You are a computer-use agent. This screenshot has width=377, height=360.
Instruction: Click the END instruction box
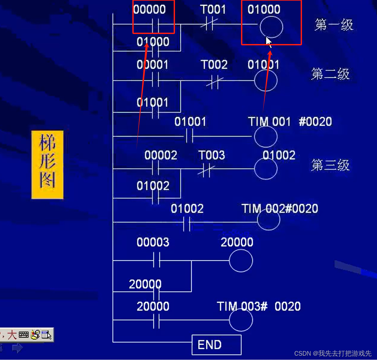coord(216,345)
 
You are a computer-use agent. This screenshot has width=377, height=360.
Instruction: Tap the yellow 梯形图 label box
coord(47,165)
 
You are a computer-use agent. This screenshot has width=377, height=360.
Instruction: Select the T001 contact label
coord(213,9)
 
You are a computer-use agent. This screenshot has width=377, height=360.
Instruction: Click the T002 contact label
coord(214,64)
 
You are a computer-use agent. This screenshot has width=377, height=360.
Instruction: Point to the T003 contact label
coord(211,155)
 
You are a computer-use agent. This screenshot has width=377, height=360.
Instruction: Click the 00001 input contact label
coord(152,64)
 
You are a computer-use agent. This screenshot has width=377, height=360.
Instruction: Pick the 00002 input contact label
coord(161,155)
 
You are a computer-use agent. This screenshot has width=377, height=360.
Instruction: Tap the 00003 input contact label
coord(153,242)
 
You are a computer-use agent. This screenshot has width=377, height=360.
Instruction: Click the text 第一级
coord(334,25)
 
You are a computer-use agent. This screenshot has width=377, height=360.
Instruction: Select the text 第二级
coord(330,74)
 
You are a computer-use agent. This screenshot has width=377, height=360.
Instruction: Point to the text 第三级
coord(330,165)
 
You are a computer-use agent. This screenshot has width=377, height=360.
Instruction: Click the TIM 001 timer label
coord(269,122)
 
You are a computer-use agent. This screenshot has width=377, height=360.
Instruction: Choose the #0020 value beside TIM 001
coord(315,122)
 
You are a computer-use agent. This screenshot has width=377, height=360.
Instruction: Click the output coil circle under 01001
coord(266,81)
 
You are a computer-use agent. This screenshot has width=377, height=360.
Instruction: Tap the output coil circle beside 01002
coord(266,169)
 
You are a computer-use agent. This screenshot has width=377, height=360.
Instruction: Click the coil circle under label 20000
coord(241,261)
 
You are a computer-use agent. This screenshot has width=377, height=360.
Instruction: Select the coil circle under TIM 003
coord(241,320)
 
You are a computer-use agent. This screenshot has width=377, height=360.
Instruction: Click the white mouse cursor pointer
coord(269,42)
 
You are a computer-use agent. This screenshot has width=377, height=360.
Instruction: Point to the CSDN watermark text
coord(333,353)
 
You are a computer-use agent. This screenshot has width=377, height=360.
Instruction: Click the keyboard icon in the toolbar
coord(24,335)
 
